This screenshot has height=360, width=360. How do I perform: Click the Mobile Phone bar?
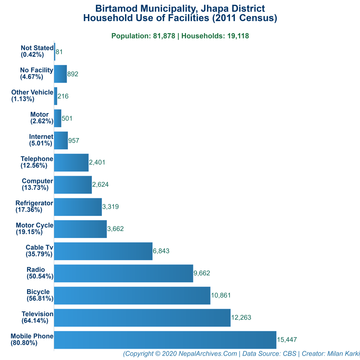tap(165, 340)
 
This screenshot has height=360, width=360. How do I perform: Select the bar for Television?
tap(142, 318)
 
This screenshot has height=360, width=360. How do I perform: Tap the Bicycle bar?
tap(132, 296)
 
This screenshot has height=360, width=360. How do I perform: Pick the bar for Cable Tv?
tap(103, 251)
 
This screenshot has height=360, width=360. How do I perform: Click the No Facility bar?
tap(60, 74)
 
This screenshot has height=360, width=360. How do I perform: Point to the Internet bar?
tap(61, 140)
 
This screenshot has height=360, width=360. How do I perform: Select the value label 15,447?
tap(287, 340)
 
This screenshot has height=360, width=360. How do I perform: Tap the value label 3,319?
tap(110, 207)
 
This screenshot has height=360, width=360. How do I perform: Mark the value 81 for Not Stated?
tap(59, 52)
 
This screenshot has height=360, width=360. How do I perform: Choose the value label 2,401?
tap(97, 162)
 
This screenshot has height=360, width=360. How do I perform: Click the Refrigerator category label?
tap(34, 203)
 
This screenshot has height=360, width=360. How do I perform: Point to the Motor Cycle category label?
tap(34, 225)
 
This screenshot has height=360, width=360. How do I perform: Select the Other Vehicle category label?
tap(32, 92)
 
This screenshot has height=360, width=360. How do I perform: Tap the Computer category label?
tap(37, 181)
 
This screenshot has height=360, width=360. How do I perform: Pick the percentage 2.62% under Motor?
tap(41, 121)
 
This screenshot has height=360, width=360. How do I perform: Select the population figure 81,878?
tap(164, 36)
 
